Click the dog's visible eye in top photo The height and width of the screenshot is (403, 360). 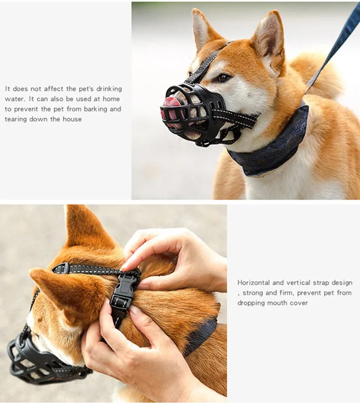pyautogui.click(x=224, y=77)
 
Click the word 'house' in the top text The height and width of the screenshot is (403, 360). pyautogui.click(x=72, y=119)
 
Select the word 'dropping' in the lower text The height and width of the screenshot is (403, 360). pyautogui.click(x=250, y=303)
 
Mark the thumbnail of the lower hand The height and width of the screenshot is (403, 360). pyautogui.click(x=135, y=311)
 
